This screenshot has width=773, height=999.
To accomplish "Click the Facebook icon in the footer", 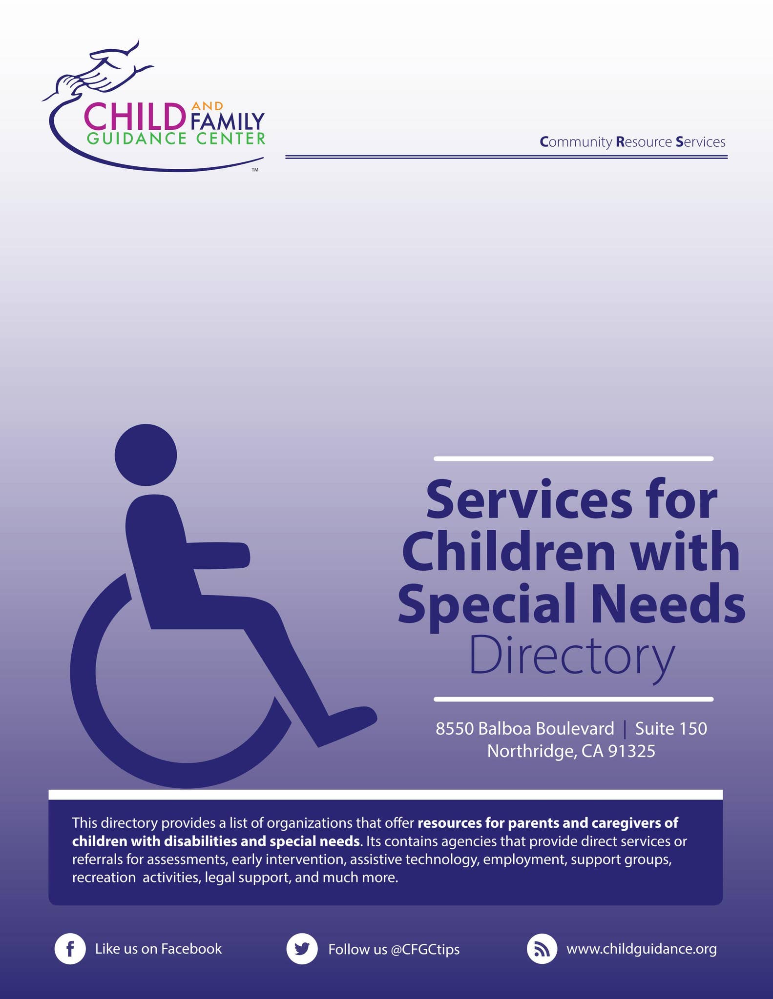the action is tap(70, 949).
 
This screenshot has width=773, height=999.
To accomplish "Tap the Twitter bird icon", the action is tap(302, 949).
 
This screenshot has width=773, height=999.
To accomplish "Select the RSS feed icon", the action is tap(542, 949).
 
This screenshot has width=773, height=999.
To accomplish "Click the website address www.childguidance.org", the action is tap(642, 949).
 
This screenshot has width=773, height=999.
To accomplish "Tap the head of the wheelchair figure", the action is tap(146, 455).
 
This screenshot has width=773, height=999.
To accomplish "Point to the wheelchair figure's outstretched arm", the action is tap(218, 555).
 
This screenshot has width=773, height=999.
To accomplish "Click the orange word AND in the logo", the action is tap(208, 106).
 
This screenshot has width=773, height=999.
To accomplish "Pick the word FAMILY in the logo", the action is tap(228, 121).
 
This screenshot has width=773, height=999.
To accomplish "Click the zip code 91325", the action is tap(631, 751).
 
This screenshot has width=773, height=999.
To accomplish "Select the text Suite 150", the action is tap(671, 728).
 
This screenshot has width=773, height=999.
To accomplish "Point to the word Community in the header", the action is tap(576, 142).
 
